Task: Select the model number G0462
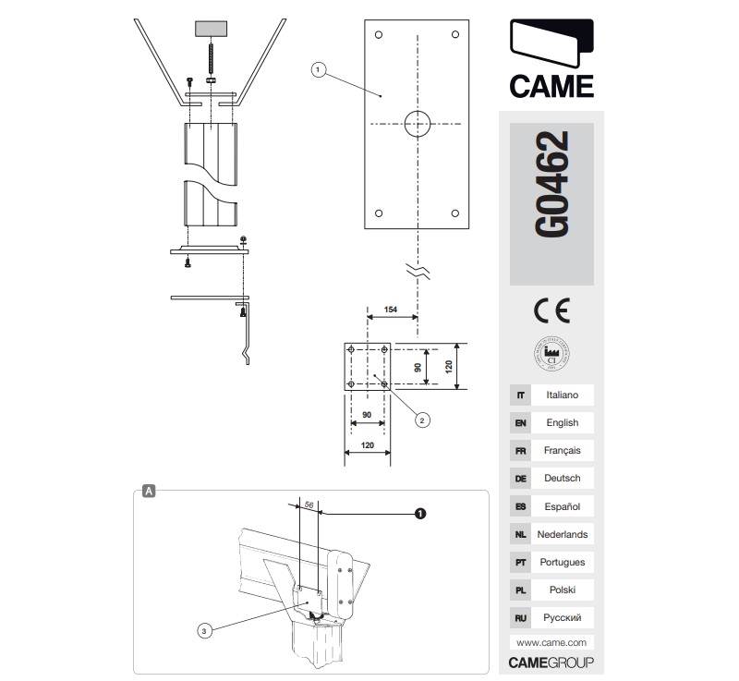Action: point(551,186)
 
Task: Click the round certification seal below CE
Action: point(551,352)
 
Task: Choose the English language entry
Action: point(562,422)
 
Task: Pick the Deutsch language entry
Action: point(562,478)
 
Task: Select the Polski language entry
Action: point(562,589)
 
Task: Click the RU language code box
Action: point(520,616)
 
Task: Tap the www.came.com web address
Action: point(551,642)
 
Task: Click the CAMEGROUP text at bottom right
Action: point(551,663)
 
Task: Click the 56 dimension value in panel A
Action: point(309,505)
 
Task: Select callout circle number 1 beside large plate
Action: point(318,69)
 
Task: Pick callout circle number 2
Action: point(421,420)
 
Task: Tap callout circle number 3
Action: point(205,630)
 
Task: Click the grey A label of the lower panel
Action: point(149,492)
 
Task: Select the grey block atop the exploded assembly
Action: point(212,28)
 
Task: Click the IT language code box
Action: point(520,395)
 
